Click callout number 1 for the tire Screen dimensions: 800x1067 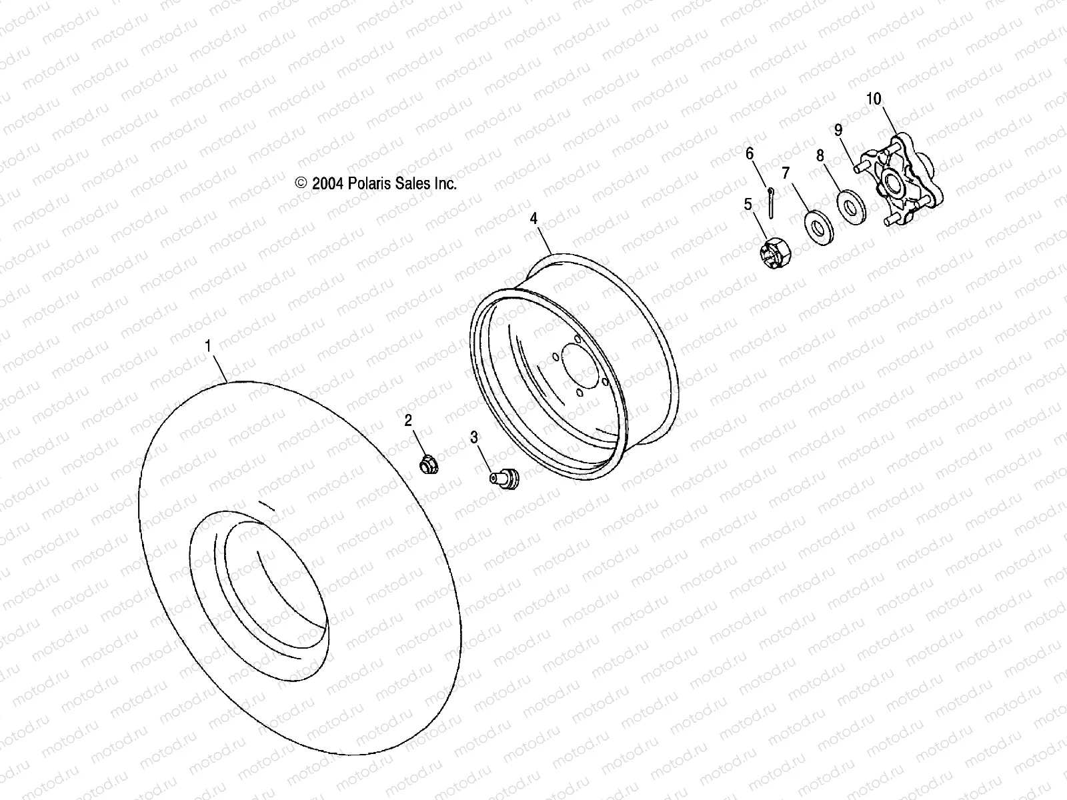208,346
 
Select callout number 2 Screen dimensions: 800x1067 408,420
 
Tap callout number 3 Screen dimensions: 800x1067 474,437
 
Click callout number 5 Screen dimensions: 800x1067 748,204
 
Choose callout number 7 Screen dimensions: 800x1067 786,173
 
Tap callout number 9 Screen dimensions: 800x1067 838,129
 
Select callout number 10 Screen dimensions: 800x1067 874,99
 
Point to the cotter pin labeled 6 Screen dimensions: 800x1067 770,203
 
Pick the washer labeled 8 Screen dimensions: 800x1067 850,207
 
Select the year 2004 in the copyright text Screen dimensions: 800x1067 327,184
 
